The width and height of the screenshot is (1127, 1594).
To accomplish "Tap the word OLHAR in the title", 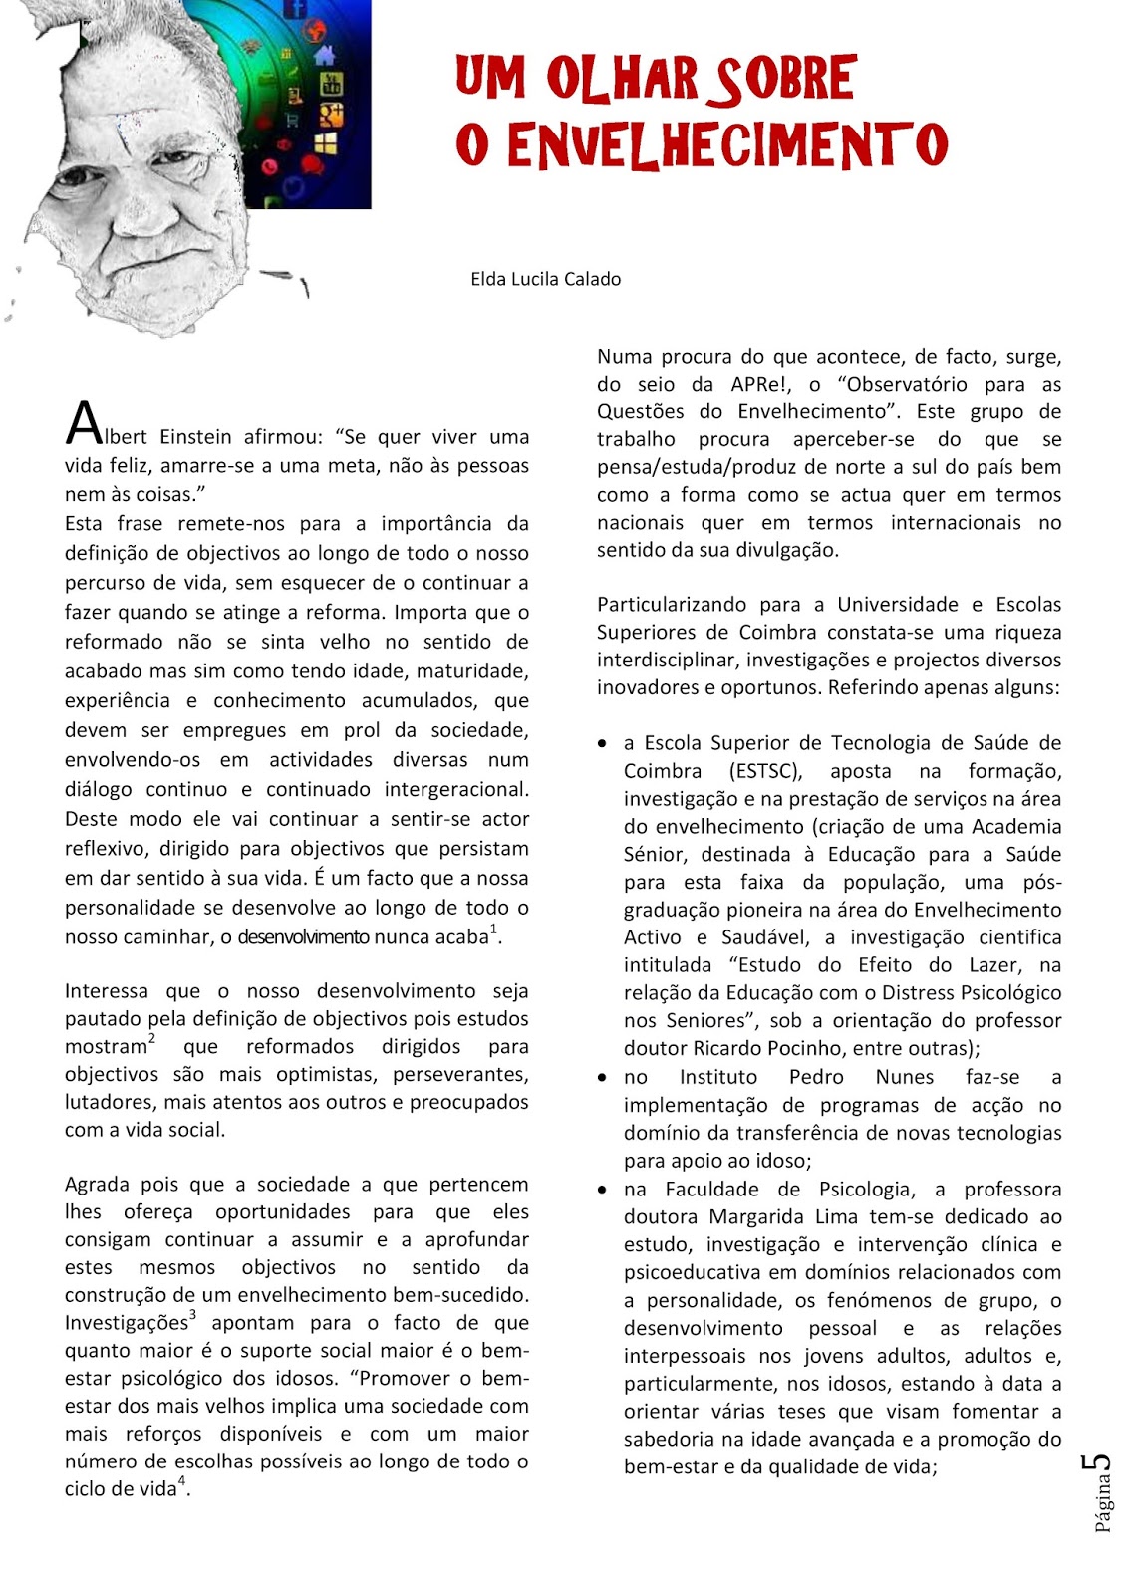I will [621, 79].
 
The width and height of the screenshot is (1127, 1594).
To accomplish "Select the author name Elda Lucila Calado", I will [545, 279].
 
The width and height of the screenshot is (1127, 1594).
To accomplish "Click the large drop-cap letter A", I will [84, 425].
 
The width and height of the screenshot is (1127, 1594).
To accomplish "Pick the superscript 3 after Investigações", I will [192, 1316].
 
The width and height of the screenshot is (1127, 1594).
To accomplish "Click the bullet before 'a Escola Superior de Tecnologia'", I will [602, 744].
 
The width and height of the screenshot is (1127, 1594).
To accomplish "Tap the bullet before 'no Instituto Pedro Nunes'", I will [602, 1078].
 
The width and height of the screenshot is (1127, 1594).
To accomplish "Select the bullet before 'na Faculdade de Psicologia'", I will [602, 1190].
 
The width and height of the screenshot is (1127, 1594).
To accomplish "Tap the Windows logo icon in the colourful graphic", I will [325, 145].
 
